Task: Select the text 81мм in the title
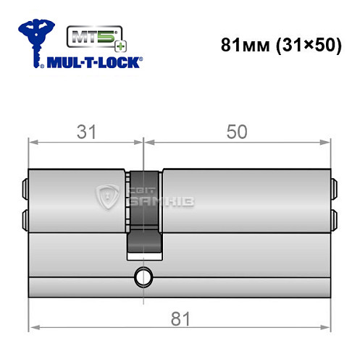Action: tap(242, 44)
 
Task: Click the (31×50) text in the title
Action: tap(302, 44)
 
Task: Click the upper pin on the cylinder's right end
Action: tap(334, 190)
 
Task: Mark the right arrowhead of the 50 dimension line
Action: tap(327, 142)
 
